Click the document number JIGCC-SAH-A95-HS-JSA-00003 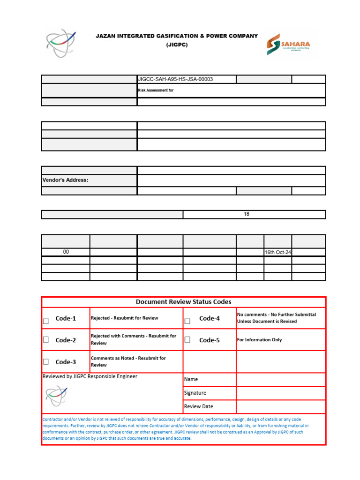[175, 79]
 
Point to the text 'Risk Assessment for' [156, 90]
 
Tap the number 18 [247, 214]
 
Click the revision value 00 [66, 252]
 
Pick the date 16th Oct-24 [278, 252]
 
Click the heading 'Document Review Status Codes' [183, 302]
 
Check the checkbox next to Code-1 [46, 321]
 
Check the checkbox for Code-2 [46, 340]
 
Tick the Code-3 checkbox [46, 361]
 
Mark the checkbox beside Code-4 [187, 321]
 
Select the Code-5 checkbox [187, 340]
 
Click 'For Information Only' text [260, 340]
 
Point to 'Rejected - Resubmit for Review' [125, 318]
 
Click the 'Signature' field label [195, 393]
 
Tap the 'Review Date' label [198, 406]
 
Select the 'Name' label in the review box [191, 379]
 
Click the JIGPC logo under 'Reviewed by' [57, 396]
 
